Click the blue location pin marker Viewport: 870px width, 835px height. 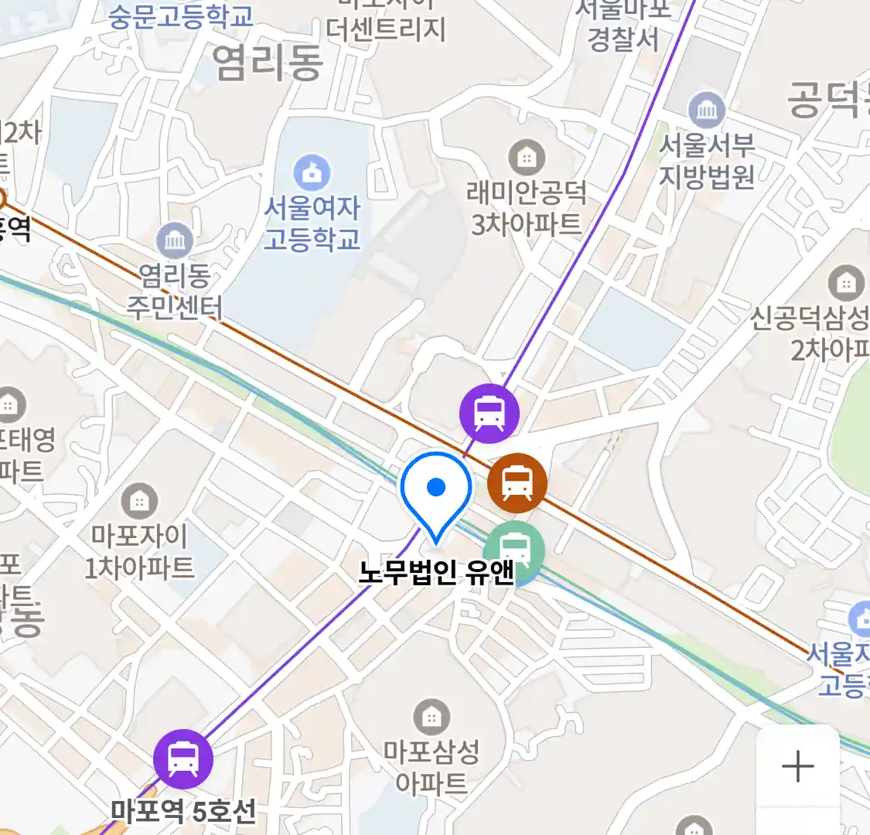[x=436, y=489]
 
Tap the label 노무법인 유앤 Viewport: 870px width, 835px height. [x=436, y=572]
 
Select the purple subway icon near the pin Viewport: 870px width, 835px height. [x=489, y=413]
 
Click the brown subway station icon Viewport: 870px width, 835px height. [x=517, y=483]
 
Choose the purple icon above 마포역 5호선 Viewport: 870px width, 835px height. [x=183, y=758]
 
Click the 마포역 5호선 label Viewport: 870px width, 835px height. [x=183, y=811]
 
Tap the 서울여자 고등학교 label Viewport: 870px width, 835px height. [x=312, y=223]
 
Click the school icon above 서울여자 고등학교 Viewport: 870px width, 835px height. [x=312, y=173]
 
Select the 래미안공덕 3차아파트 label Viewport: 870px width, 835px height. [x=527, y=208]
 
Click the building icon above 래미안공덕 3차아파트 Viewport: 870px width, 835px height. [x=527, y=158]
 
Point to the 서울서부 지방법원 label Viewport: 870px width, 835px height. [x=706, y=161]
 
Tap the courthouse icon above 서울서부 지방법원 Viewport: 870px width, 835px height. [x=706, y=111]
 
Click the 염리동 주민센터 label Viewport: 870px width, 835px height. [x=175, y=291]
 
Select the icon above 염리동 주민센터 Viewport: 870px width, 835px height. [x=175, y=241]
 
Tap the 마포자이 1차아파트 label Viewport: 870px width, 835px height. [x=139, y=551]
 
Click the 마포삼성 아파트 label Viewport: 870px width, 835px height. [x=432, y=767]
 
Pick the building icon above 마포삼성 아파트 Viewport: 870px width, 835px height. [x=432, y=717]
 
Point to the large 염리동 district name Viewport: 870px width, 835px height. [x=267, y=62]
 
